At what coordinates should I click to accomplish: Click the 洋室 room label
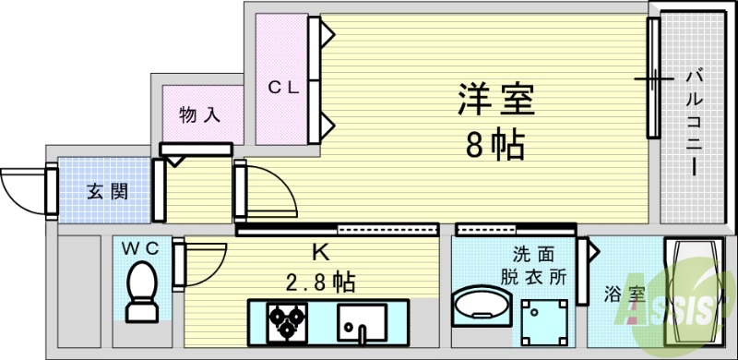pos(496,101)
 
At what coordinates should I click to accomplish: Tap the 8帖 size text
pos(495,144)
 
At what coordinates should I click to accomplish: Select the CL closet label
pos(283,88)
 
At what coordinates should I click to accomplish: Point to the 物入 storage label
pos(199,115)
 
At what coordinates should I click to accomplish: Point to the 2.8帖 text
pos(321,280)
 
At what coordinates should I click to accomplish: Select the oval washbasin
pos(481,306)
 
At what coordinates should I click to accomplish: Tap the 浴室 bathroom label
pos(625,294)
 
